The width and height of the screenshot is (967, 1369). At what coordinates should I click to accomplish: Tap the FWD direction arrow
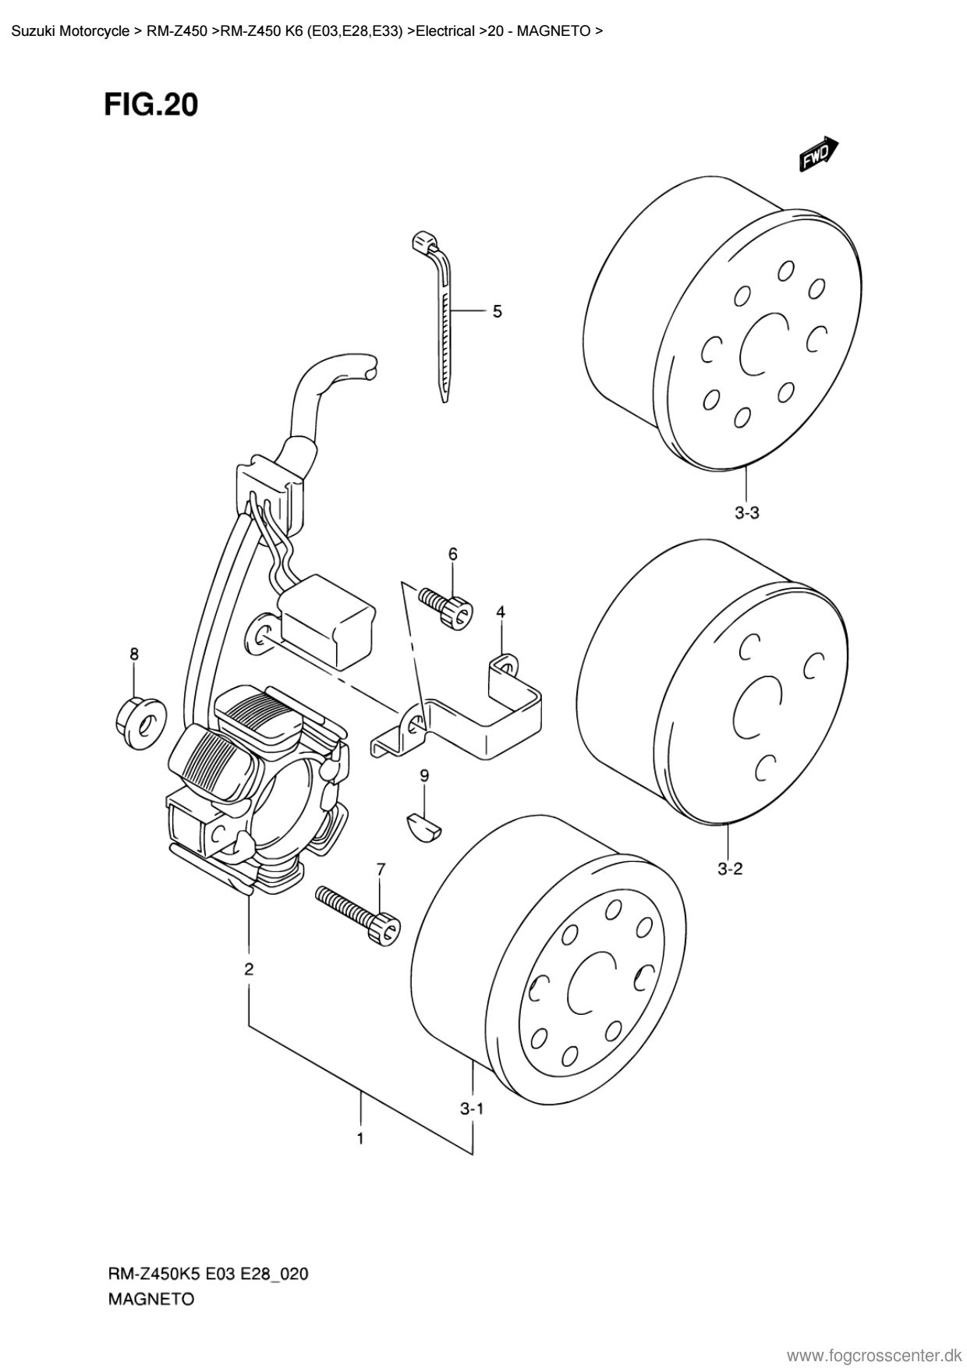coord(818,154)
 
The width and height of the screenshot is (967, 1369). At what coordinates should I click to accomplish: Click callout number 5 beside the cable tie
coord(498,312)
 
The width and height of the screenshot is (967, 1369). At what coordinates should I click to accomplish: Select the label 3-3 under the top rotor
coord(746,512)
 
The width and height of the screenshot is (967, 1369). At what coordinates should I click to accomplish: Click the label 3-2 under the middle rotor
coord(730,868)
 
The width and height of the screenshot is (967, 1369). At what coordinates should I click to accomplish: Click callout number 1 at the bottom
coord(360,1139)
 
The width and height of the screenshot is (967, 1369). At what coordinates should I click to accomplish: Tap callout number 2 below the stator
coord(249,970)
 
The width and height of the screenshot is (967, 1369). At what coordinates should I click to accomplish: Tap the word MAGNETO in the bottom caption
coord(150,1300)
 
